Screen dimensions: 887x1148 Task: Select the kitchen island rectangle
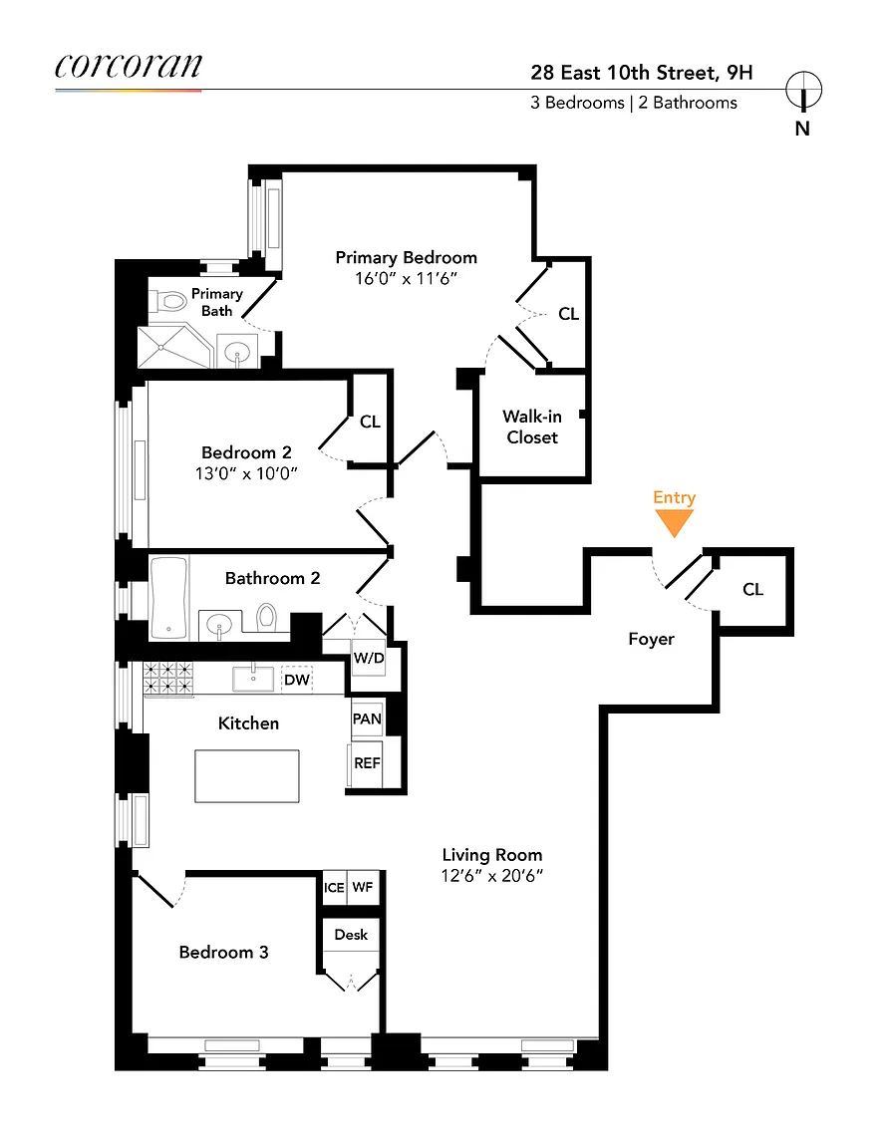click(247, 776)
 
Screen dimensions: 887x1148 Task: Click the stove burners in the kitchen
click(167, 678)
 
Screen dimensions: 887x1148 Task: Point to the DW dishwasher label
click(297, 680)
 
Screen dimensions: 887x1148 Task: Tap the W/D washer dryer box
click(369, 658)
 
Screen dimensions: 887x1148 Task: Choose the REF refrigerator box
click(367, 763)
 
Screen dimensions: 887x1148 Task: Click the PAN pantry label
click(366, 718)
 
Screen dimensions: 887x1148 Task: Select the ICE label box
click(334, 887)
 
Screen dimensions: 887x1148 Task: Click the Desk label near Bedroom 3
click(351, 934)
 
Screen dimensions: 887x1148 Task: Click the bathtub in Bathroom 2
click(168, 598)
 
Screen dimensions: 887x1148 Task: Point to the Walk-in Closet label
click(532, 427)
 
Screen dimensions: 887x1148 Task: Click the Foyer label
click(651, 639)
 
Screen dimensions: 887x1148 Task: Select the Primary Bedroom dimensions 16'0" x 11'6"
click(406, 278)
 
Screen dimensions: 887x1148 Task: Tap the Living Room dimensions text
click(492, 876)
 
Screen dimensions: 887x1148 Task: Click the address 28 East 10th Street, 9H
click(642, 73)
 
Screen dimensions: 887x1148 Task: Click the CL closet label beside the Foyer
click(753, 589)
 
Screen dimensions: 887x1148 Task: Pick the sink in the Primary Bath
click(237, 353)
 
